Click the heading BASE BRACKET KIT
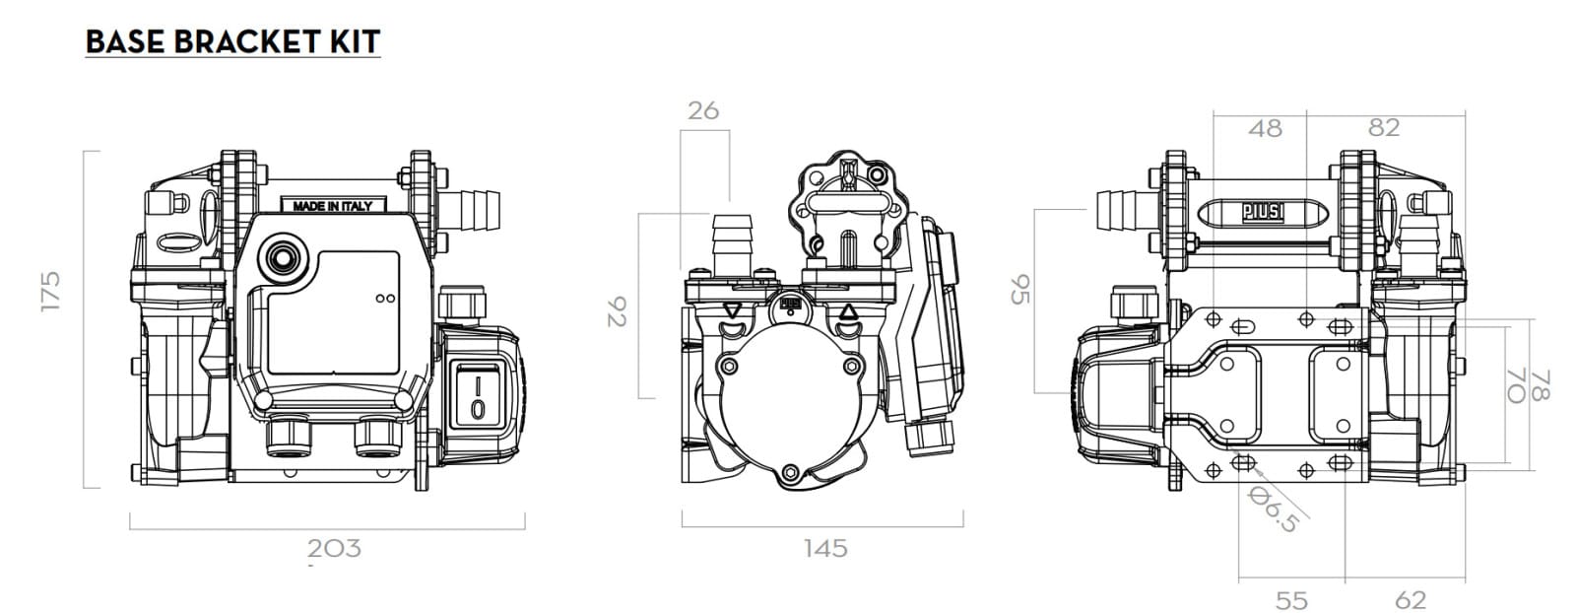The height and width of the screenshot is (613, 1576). (232, 42)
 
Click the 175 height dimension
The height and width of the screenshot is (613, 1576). (50, 292)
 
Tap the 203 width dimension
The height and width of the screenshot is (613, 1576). (334, 548)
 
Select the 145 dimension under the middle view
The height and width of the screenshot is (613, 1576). (826, 548)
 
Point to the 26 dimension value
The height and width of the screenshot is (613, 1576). (703, 110)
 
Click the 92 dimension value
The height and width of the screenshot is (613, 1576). (617, 311)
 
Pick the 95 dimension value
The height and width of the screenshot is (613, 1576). (1020, 290)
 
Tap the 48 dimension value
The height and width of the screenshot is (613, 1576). (1265, 129)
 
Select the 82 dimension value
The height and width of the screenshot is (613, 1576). (1384, 127)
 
